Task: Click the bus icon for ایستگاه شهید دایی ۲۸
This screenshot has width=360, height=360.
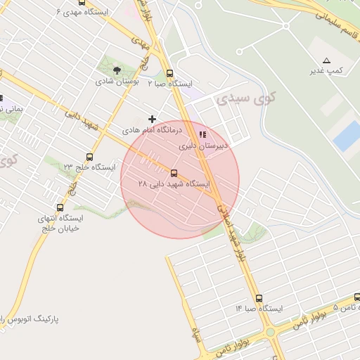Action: click(174, 172)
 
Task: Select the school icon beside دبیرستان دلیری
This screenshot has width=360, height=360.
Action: click(202, 134)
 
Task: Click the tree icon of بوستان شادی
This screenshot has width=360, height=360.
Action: click(116, 70)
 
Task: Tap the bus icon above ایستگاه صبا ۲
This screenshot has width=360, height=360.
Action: click(169, 73)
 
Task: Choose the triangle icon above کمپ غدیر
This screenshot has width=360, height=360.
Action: click(326, 60)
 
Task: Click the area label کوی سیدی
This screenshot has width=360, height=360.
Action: click(247, 98)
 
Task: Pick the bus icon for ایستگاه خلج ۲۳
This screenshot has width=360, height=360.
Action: click(89, 156)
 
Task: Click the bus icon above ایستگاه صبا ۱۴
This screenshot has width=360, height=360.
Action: click(259, 298)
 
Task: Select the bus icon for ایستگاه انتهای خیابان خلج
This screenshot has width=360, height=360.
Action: click(60, 207)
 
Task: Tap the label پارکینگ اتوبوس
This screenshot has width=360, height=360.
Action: click(31, 319)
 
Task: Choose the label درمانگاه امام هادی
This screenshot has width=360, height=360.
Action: click(152, 131)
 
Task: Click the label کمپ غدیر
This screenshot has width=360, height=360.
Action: click(326, 71)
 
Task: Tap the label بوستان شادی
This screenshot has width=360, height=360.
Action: click(120, 82)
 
